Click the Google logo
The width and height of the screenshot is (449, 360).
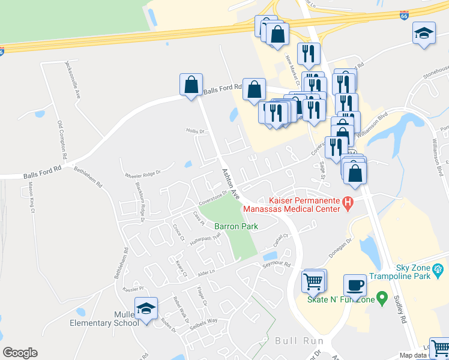click(x=20, y=353)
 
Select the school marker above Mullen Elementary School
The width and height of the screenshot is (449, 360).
click(x=146, y=309)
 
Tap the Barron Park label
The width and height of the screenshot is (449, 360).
click(x=236, y=226)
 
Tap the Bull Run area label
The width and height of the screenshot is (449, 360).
click(x=295, y=341)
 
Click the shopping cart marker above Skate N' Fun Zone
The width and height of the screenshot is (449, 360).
click(x=314, y=280)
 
